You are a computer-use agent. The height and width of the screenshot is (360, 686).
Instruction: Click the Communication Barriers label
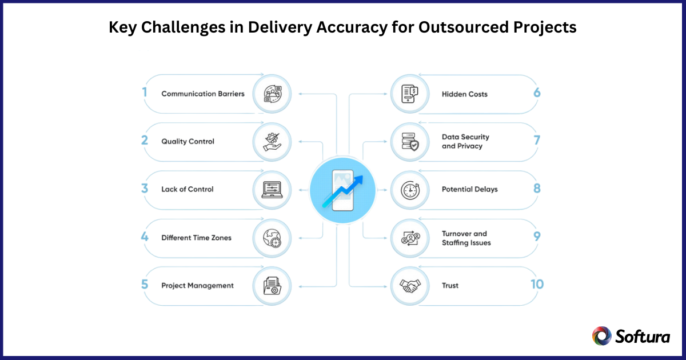pyautogui.click(x=202, y=93)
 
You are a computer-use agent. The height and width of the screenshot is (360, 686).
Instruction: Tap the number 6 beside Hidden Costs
pyautogui.click(x=536, y=93)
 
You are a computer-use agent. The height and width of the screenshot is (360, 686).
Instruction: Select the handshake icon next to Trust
pyautogui.click(x=410, y=285)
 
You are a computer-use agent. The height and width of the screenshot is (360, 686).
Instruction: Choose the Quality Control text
pyautogui.click(x=188, y=141)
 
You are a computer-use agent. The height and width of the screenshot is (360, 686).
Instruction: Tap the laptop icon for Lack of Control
pyautogui.click(x=272, y=189)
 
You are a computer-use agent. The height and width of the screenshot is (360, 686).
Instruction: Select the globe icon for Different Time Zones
pyautogui.click(x=272, y=237)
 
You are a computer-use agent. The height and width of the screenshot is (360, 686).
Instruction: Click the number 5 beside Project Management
pyautogui.click(x=145, y=284)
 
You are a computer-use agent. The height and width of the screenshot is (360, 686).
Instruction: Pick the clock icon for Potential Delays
pyautogui.click(x=410, y=189)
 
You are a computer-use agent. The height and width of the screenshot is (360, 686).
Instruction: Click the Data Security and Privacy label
pyautogui.click(x=465, y=141)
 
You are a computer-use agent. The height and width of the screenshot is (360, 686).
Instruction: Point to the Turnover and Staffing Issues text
pyautogui.click(x=466, y=238)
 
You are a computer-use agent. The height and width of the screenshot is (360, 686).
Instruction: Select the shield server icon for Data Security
pyautogui.click(x=410, y=141)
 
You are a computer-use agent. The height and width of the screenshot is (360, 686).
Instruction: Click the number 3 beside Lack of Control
pyautogui.click(x=145, y=189)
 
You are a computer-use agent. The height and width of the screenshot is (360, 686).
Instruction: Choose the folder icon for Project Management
pyautogui.click(x=272, y=285)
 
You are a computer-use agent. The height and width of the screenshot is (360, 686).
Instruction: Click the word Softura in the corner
pyautogui.click(x=643, y=337)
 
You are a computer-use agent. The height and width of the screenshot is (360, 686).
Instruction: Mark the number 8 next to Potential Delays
pyautogui.click(x=536, y=189)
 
